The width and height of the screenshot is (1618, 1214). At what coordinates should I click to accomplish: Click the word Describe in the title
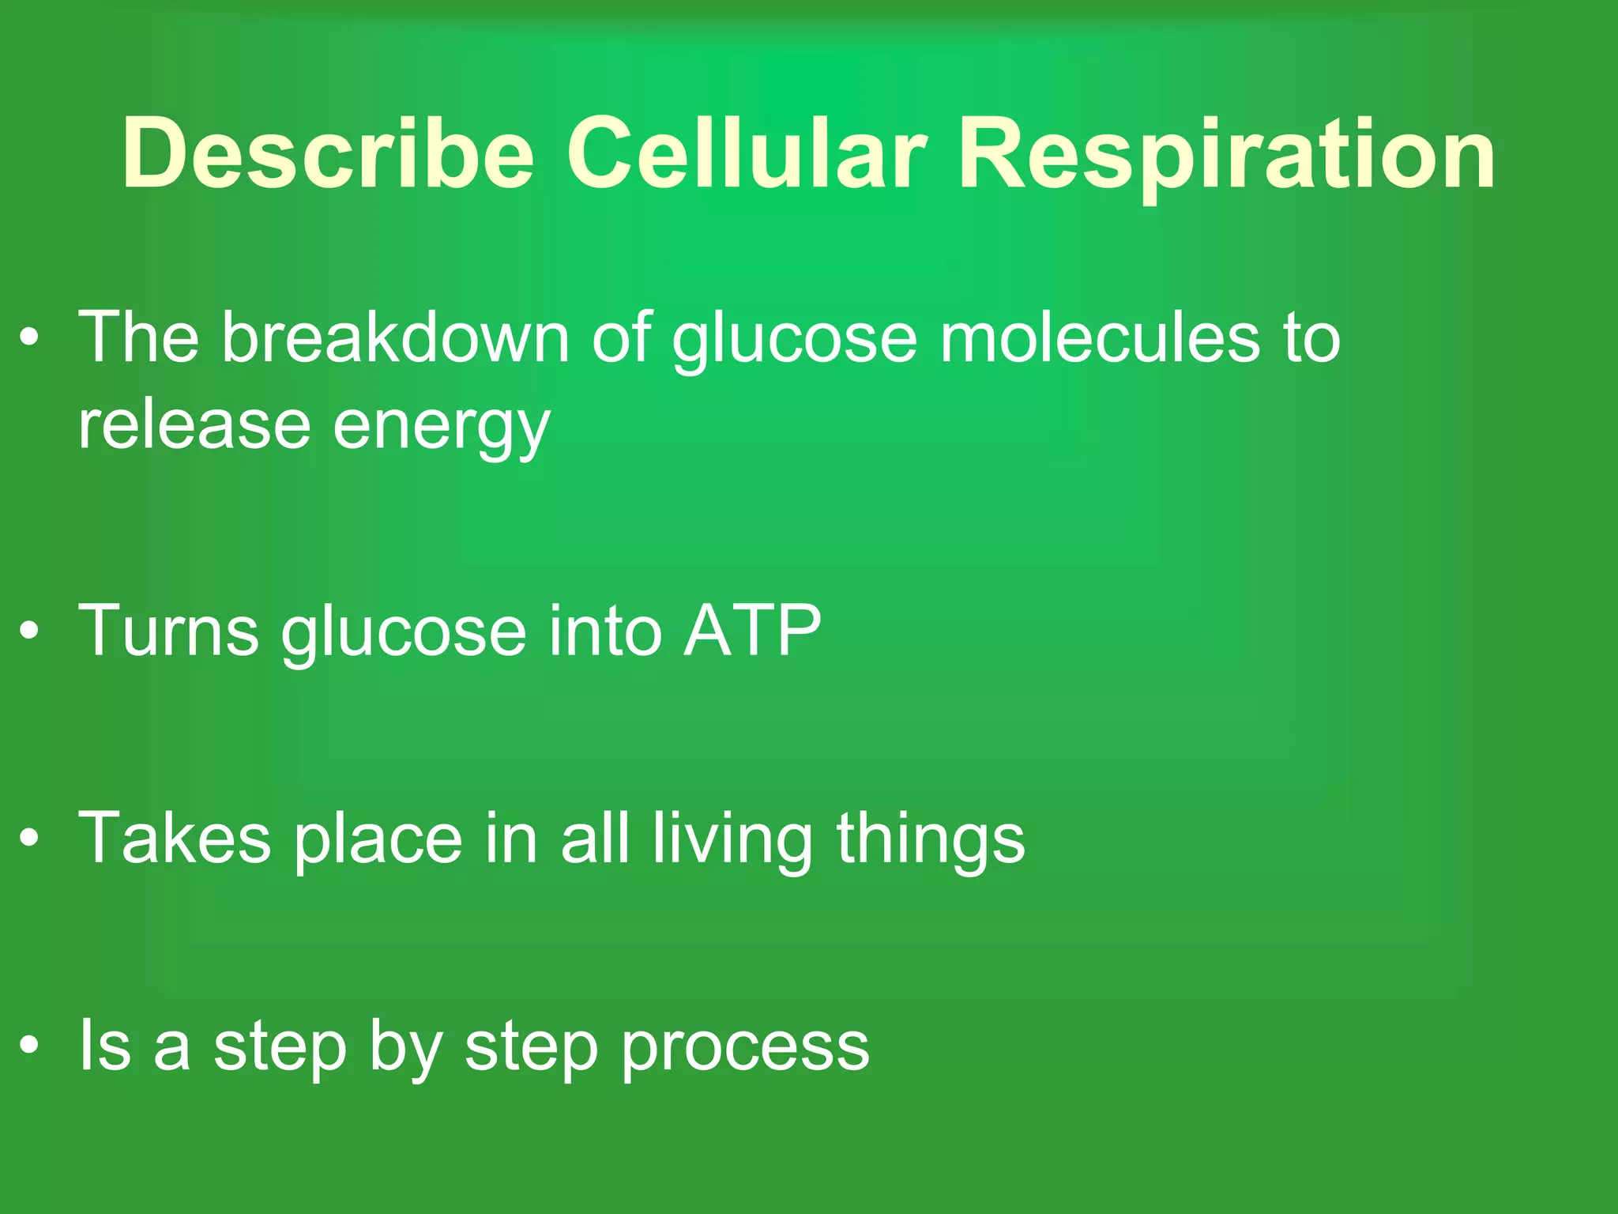[328, 153]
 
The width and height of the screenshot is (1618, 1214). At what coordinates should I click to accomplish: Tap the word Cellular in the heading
[747, 153]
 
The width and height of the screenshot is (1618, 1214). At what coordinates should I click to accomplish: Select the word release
[194, 425]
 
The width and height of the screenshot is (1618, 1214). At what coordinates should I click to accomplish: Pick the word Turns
[169, 631]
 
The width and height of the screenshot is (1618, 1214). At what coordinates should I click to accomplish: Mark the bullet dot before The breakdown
[29, 338]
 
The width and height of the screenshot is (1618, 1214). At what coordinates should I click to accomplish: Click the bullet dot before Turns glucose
[29, 632]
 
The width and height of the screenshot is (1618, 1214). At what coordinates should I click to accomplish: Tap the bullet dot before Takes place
[29, 839]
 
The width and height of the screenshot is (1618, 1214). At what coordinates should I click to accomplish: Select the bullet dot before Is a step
[29, 1046]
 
